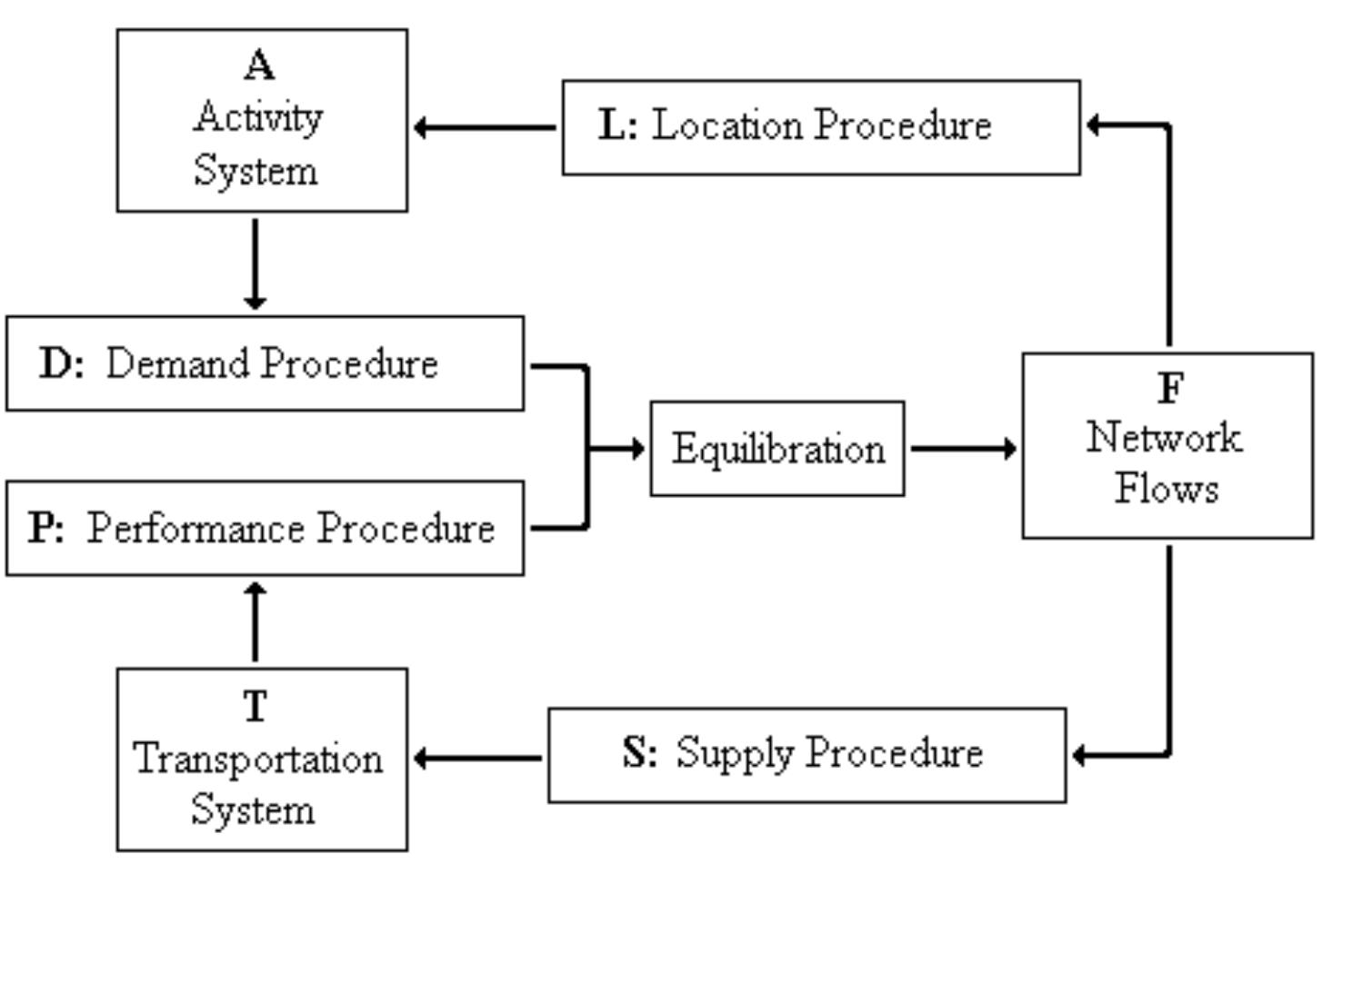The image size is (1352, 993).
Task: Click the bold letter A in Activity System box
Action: click(259, 65)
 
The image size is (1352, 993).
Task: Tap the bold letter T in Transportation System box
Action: click(256, 706)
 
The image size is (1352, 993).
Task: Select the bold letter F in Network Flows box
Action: click(1171, 389)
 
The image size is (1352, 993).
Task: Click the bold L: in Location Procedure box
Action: click(618, 125)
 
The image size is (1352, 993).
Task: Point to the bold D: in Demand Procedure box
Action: click(62, 363)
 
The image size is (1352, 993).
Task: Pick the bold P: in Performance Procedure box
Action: click(46, 528)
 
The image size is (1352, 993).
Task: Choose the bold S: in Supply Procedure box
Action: click(639, 752)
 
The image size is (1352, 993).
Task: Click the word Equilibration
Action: click(777, 450)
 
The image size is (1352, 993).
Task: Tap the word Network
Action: click(1164, 438)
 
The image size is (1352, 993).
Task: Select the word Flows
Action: click(1167, 489)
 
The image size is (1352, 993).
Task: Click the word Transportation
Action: click(258, 759)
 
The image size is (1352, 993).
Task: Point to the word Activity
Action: click(258, 118)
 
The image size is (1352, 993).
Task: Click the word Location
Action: click(727, 125)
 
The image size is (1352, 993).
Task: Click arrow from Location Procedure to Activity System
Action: click(484, 128)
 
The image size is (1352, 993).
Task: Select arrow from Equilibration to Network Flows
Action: click(962, 448)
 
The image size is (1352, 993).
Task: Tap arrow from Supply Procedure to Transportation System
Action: click(477, 758)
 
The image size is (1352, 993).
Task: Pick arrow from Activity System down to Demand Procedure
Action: click(255, 263)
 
